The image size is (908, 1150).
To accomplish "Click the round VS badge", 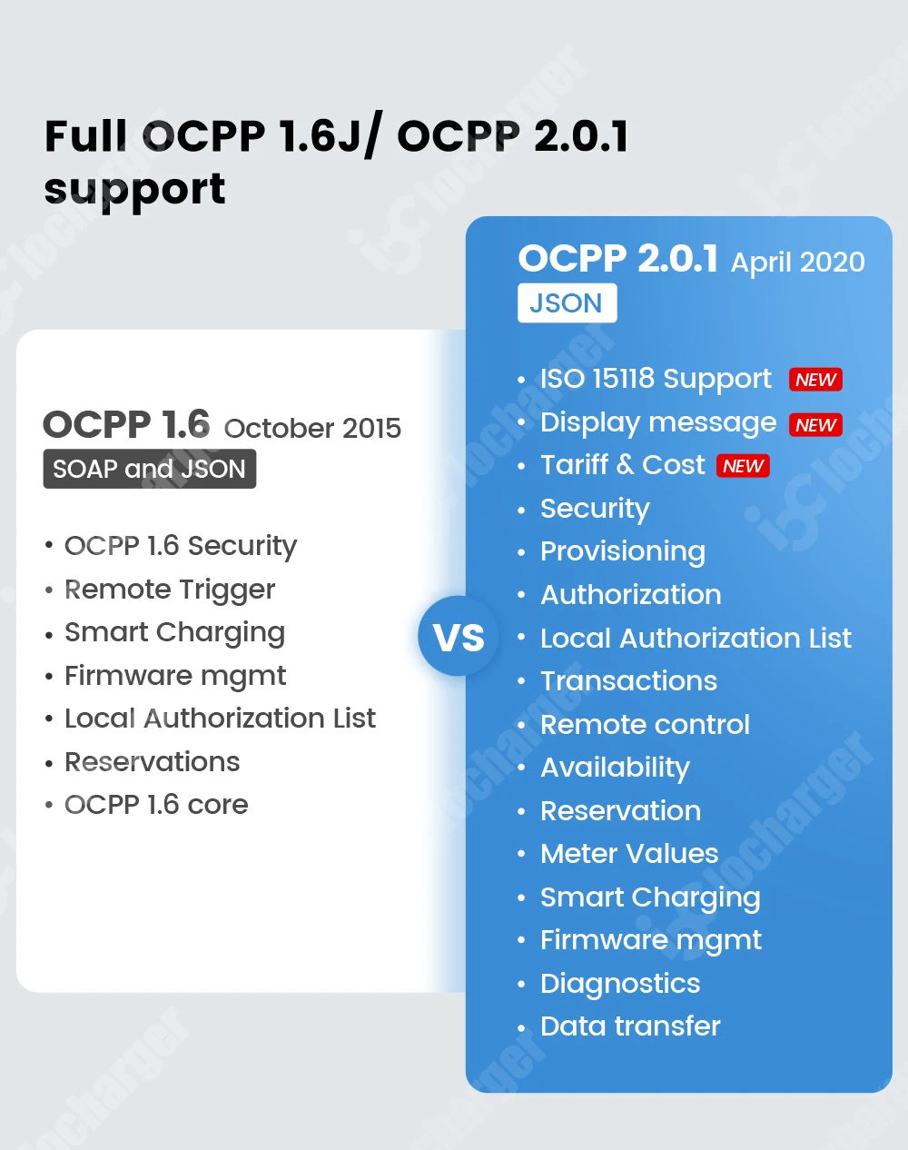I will tap(459, 637).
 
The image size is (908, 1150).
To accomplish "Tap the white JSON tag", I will tap(567, 303).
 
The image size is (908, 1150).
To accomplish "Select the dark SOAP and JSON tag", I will tap(150, 469).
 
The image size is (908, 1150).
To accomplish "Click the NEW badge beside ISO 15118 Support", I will tap(815, 380).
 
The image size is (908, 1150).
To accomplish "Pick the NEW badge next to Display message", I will tap(815, 424).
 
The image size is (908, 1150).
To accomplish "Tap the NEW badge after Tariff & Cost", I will tap(744, 466).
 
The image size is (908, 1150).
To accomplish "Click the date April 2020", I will tap(797, 263).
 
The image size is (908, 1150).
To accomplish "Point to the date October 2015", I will tap(312, 428).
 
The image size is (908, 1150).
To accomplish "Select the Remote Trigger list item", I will tap(170, 590).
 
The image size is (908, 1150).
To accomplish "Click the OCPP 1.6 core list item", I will tap(156, 805).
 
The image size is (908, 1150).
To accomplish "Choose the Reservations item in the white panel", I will tap(153, 762).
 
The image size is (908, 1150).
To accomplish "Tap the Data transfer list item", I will tap(630, 1026).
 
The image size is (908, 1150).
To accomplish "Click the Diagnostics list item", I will tap(620, 984).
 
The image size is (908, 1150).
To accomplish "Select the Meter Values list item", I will tap(629, 854).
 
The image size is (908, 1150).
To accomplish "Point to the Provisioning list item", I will tap(623, 551).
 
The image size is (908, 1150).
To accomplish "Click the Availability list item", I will tap(615, 768).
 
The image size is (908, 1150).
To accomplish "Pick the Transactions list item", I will tap(628, 681).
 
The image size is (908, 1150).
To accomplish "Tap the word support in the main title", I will tap(135, 189).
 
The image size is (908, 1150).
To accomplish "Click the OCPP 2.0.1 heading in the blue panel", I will tap(618, 259).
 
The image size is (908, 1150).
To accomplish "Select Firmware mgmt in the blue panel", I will tap(651, 940).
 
